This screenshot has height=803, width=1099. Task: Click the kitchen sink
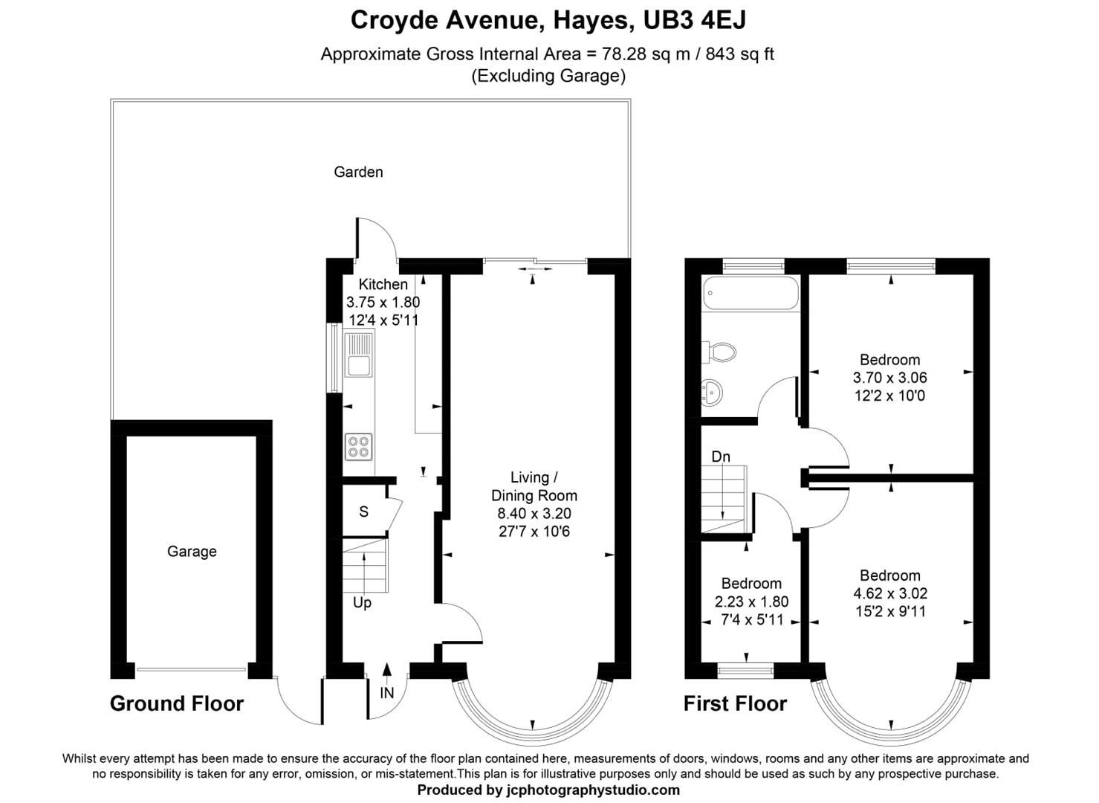tap(359, 355)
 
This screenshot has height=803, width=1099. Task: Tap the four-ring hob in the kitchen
tap(358, 447)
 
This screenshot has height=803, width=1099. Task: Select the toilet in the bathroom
tap(719, 352)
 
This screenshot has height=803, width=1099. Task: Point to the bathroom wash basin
tap(711, 393)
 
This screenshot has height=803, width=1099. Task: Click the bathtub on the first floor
tap(751, 293)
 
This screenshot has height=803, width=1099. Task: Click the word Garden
tap(358, 172)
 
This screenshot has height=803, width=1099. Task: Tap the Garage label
tap(192, 551)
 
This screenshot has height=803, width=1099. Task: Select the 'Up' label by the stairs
tap(362, 602)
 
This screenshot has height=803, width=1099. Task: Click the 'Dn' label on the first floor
tap(720, 457)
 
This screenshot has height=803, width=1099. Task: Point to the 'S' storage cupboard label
tap(363, 512)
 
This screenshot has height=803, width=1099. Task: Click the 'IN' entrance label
tap(386, 693)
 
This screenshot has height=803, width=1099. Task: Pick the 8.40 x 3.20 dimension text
tap(534, 514)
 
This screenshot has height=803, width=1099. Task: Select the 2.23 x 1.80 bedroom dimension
tap(751, 602)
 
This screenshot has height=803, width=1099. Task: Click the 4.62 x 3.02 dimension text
tap(889, 593)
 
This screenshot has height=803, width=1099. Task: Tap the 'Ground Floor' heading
tap(177, 703)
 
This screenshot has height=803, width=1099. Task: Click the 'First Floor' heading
tap(735, 703)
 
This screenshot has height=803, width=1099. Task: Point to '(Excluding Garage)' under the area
tap(548, 76)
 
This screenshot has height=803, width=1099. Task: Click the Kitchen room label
tap(383, 284)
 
